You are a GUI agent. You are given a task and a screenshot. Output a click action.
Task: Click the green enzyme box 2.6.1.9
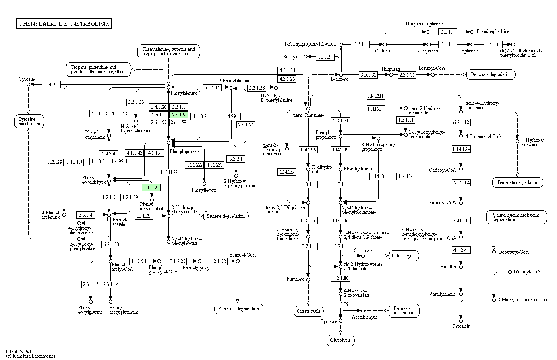pos(178,115)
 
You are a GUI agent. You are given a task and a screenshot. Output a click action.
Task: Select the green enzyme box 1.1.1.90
pos(151,188)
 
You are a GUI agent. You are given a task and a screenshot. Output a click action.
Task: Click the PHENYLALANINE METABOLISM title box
pos(64,24)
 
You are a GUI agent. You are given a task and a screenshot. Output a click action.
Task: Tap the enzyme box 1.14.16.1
pos(51,85)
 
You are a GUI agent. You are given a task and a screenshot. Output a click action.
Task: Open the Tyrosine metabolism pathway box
pos(29,121)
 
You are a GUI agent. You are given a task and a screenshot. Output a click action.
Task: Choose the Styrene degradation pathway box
pos(226,216)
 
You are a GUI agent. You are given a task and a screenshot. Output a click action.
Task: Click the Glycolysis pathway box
pos(340,340)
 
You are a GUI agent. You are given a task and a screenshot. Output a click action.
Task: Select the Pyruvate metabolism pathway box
pos(404,311)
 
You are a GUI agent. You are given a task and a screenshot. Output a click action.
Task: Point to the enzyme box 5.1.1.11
pos(212,88)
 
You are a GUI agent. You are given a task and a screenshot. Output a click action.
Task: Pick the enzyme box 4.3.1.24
pos(287,70)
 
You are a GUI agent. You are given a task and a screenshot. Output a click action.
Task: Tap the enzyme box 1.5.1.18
pos(493,45)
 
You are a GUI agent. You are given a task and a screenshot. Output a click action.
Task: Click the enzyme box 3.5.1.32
pos(368,74)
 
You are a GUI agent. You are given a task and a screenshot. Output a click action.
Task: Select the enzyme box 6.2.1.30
pos(111,244)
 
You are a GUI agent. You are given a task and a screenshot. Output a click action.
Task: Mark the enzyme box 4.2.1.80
pos(340,278)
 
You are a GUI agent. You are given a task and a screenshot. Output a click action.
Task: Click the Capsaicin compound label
pos(461,326)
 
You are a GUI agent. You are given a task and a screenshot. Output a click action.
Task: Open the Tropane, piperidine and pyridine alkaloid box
pos(99,69)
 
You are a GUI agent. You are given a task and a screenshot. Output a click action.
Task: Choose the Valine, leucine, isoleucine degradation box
pos(516,217)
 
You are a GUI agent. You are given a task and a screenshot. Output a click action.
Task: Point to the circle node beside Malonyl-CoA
pos(510,272)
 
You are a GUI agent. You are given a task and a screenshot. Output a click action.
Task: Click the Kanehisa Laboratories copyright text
pos(31,356)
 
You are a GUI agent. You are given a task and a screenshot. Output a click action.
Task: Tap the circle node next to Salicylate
pos(306,57)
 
